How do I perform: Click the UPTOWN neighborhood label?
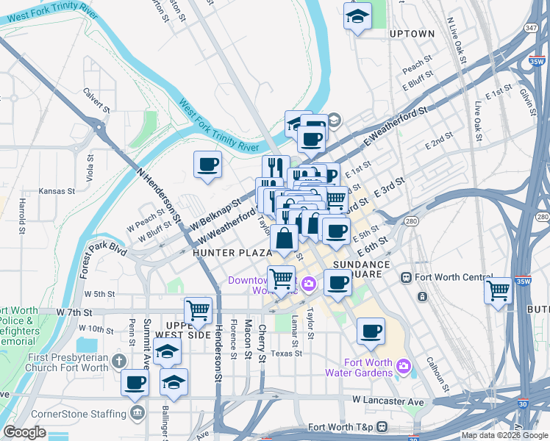pyautogui.click(x=412, y=34)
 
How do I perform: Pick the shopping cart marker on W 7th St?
pyautogui.click(x=199, y=311)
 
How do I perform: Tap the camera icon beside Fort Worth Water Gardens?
pyautogui.click(x=403, y=366)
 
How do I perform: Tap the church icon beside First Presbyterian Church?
pyautogui.click(x=120, y=361)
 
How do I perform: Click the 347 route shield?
pyautogui.click(x=530, y=27)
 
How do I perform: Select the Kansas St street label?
pyautogui.click(x=57, y=191)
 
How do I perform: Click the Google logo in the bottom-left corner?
pyautogui.click(x=24, y=432)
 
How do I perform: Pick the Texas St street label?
pyautogui.click(x=287, y=353)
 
